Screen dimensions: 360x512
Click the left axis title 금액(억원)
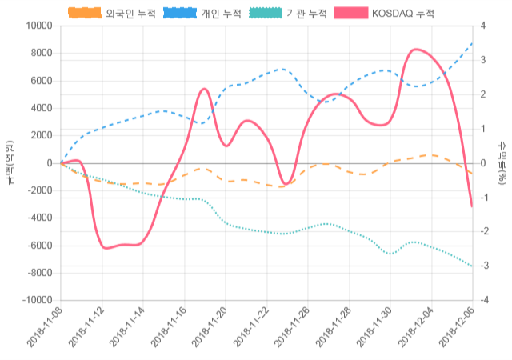coord(10,162)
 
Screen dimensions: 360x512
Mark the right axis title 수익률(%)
coord(502,162)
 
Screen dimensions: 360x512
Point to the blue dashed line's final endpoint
coord(472,43)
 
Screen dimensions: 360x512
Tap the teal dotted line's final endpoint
coord(472,266)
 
